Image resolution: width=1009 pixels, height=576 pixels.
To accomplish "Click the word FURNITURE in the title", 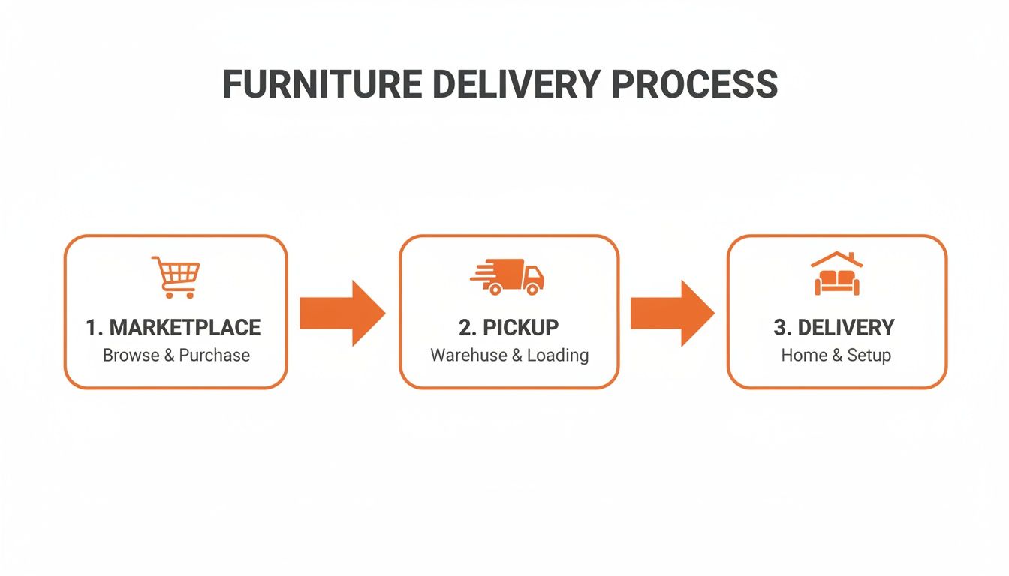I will click(x=321, y=84).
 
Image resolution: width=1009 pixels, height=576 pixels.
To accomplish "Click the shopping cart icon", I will click(x=176, y=277).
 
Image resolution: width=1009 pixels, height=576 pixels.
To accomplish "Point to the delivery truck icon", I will click(x=508, y=276).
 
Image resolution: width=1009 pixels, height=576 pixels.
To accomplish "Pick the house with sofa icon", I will click(x=836, y=274).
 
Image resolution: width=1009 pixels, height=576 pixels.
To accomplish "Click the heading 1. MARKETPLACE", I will click(x=173, y=328).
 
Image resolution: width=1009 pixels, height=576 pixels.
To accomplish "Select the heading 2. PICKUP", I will click(x=509, y=328).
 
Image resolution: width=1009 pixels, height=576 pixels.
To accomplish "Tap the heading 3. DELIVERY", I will click(x=834, y=328).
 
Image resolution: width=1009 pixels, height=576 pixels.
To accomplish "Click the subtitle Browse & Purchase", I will click(x=176, y=355).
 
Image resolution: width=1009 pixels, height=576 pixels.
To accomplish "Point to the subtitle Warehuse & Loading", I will click(x=509, y=355).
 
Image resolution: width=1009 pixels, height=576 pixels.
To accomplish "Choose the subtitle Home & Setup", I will click(x=836, y=355).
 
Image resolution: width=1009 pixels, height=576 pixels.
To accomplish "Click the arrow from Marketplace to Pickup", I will click(x=342, y=313).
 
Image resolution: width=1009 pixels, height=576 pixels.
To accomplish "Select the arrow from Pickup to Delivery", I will click(x=671, y=313).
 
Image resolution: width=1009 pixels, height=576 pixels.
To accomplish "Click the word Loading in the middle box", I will click(x=558, y=355).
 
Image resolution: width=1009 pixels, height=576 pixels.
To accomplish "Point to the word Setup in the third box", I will click(x=869, y=355).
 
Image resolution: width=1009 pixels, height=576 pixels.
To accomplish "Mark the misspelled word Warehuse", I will click(x=468, y=355).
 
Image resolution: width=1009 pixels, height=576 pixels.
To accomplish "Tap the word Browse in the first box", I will click(x=131, y=355).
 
